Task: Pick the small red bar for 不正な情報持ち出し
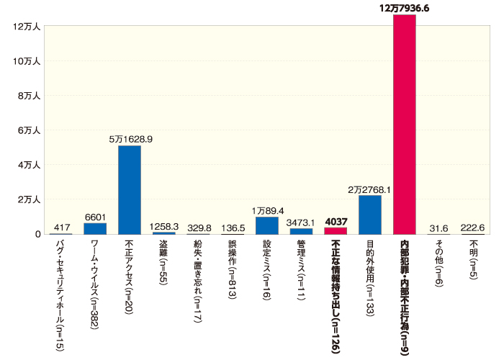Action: pos(336,230)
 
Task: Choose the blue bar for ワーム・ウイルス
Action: pos(95,228)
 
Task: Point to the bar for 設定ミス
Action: pos(267,225)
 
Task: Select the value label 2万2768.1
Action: pos(369,189)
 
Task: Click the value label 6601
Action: pos(96,216)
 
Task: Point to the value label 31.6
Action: pos(439,228)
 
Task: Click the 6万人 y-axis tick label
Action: pos(28,130)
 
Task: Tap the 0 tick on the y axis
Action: pos(37,234)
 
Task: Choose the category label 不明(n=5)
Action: pos(474,261)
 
